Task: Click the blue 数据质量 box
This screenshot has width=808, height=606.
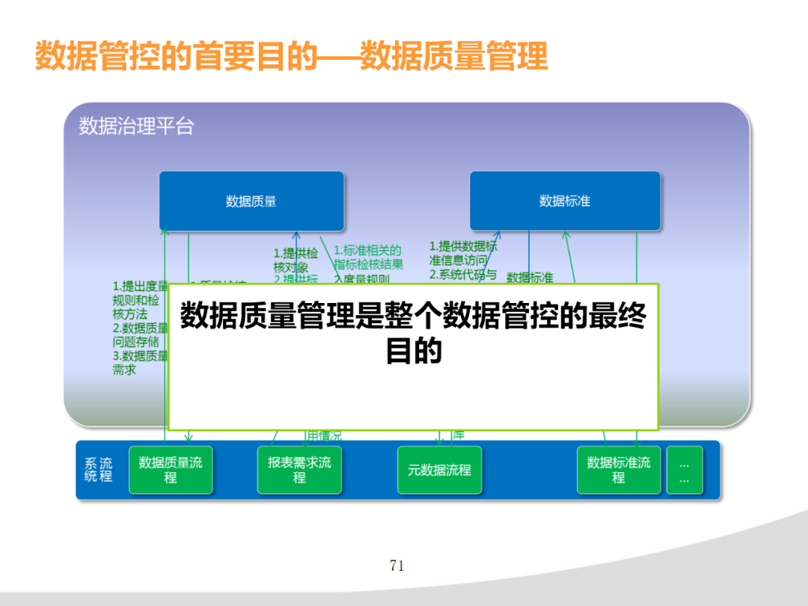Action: coord(251,201)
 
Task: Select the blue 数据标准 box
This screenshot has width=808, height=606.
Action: coord(565,201)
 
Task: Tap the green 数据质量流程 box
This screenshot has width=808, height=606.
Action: coord(171,470)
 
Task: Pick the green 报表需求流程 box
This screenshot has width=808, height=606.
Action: coord(299,470)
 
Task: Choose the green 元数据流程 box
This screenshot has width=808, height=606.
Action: coord(439,470)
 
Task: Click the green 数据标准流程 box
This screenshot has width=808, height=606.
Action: coord(619,470)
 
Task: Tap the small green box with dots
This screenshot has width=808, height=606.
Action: coord(685,470)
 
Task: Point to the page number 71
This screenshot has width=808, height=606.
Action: coord(397,566)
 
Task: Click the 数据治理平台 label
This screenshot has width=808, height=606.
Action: coord(136,126)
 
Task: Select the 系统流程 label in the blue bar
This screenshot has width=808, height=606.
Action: coord(98,470)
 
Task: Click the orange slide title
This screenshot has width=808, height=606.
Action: coord(292,57)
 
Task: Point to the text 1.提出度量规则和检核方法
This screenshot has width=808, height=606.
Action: coord(140,300)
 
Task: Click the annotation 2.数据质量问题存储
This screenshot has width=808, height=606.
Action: coord(140,334)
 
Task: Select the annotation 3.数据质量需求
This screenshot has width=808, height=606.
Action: coord(140,362)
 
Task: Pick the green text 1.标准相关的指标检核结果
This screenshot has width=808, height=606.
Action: coord(368,257)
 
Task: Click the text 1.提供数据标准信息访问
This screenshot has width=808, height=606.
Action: coord(462,253)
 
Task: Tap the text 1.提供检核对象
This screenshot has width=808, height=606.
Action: coord(296,260)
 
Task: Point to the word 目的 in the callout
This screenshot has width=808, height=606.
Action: coord(413,351)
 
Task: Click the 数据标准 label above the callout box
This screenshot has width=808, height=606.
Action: coord(530,278)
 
